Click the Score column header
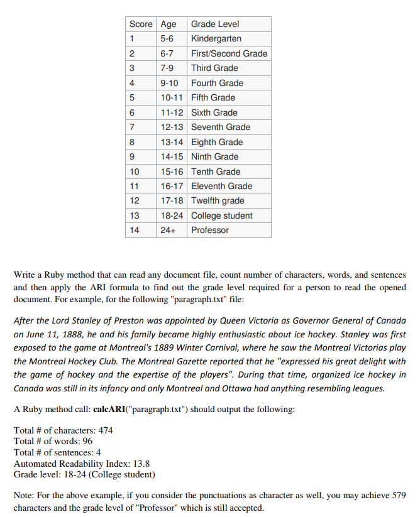coord(141,24)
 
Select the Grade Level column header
coord(215,24)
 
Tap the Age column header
coord(169,24)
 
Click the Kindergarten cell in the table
coord(216,39)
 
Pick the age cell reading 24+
coord(169,230)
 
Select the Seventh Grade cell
coord(220,127)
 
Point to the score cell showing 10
coord(134,171)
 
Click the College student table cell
coord(221,215)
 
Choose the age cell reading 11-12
coord(172,112)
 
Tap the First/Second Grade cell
coord(229,53)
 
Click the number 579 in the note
coord(398,496)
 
